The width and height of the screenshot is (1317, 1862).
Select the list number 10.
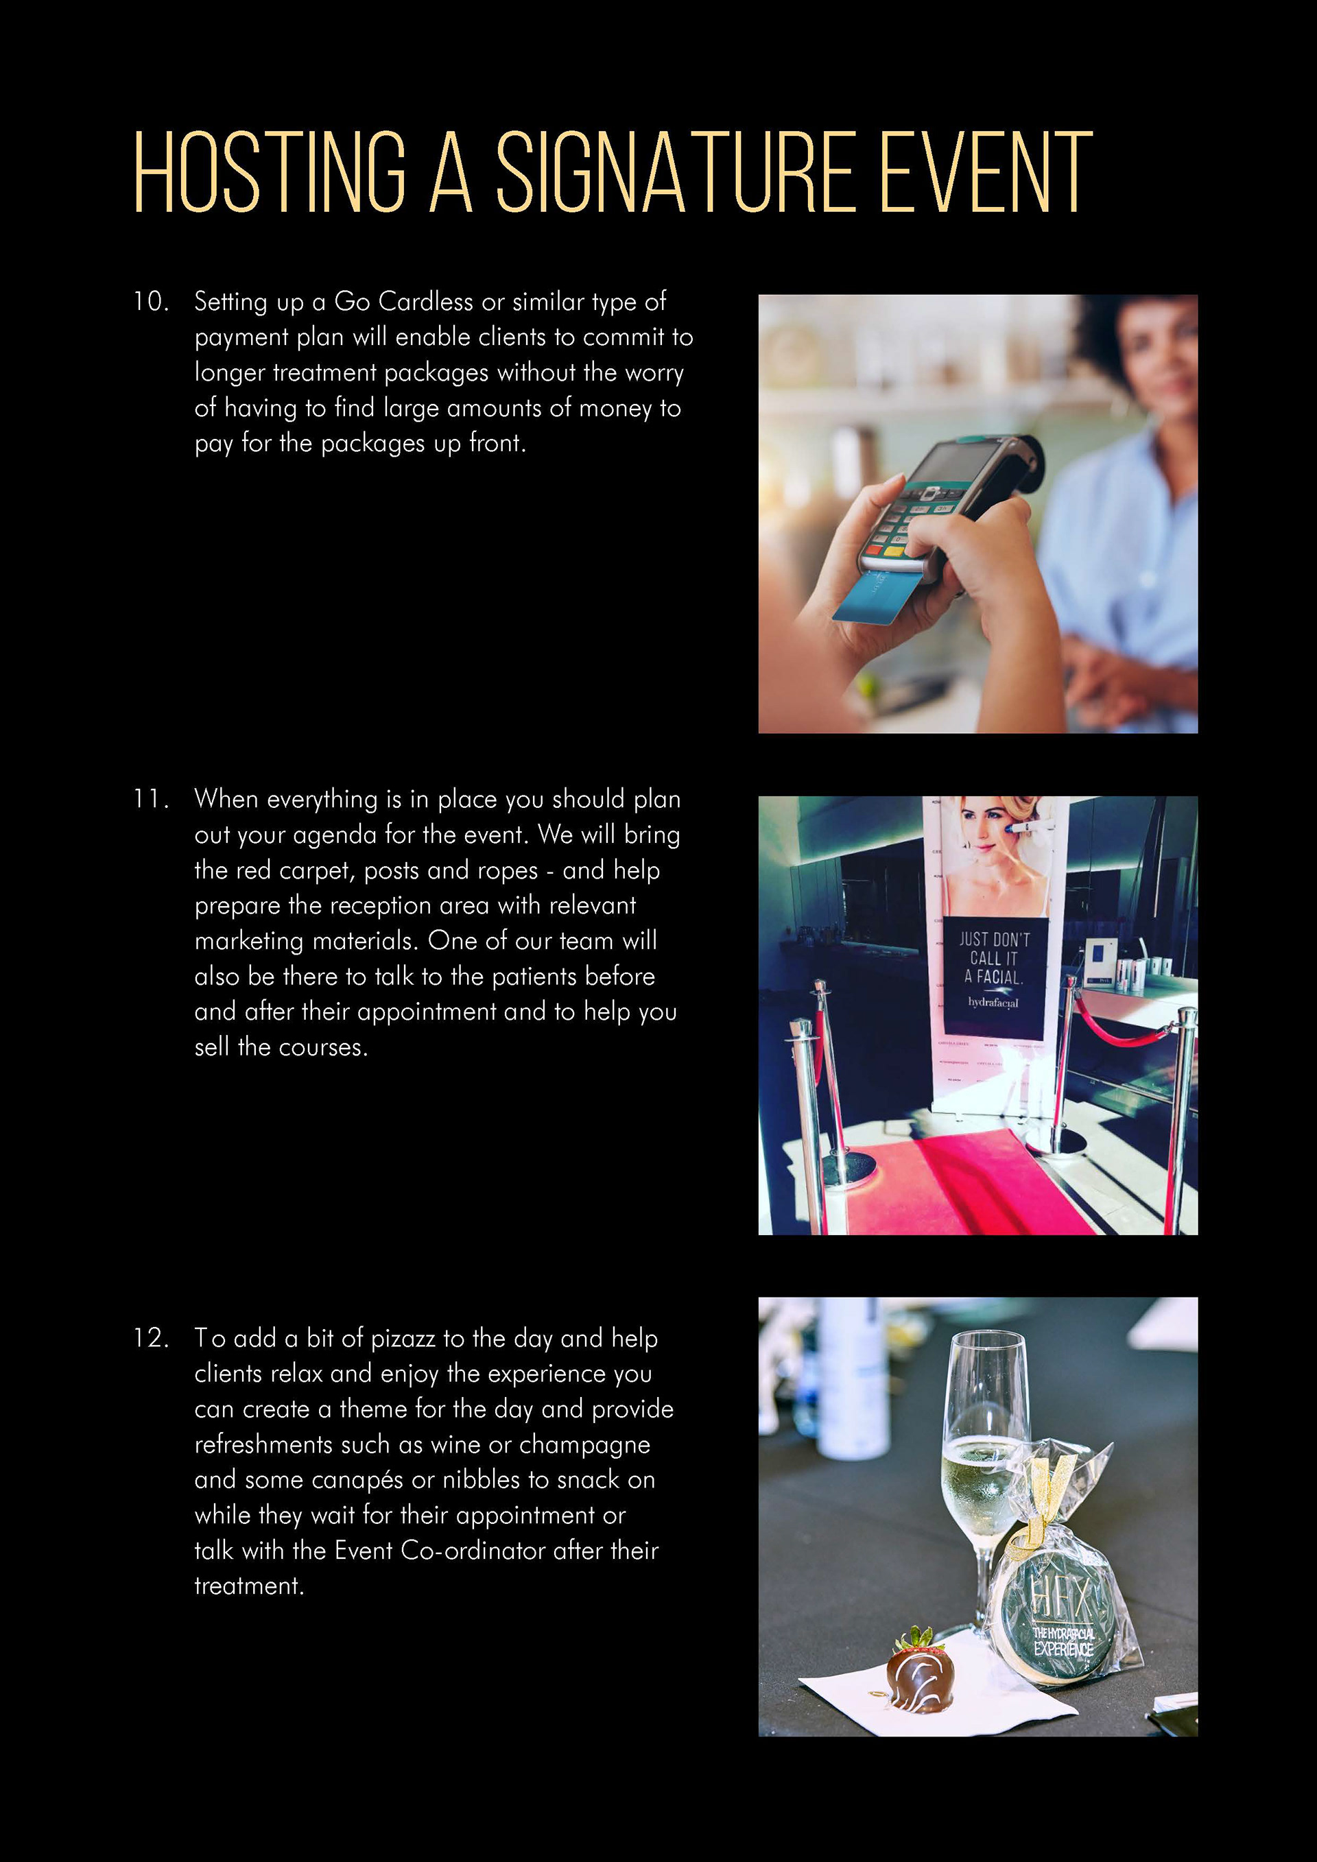(x=152, y=302)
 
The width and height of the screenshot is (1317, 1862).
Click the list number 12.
(x=152, y=1338)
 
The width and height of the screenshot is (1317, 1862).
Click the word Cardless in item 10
(x=426, y=302)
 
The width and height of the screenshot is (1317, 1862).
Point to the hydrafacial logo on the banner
(x=993, y=1003)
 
